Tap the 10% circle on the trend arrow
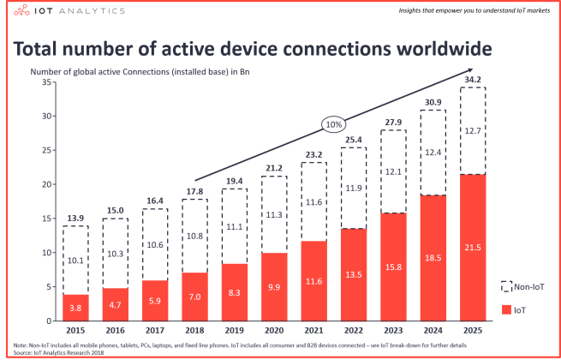click(x=333, y=124)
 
